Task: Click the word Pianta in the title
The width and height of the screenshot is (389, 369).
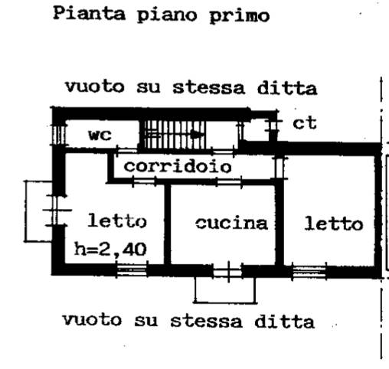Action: click(90, 14)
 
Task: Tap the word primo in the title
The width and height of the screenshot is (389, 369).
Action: click(240, 16)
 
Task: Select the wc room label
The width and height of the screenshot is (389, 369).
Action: click(100, 135)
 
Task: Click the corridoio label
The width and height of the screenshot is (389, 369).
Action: click(178, 166)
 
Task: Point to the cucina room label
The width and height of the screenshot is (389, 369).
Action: click(231, 224)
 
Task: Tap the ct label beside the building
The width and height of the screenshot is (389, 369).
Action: click(305, 123)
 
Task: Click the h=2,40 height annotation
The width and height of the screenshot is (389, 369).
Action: click(110, 250)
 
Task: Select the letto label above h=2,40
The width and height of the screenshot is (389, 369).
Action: click(117, 221)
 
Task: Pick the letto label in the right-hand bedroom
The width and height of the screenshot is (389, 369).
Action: click(334, 224)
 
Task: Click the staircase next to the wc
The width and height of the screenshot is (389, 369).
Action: click(174, 135)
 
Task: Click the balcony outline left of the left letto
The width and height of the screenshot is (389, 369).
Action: click(25, 211)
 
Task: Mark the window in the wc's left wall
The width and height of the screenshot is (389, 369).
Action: click(59, 135)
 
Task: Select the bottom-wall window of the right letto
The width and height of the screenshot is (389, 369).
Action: click(309, 272)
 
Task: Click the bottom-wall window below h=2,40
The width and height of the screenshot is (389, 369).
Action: click(132, 270)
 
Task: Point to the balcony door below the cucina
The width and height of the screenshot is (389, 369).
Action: click(228, 272)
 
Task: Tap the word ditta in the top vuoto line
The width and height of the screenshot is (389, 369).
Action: click(287, 88)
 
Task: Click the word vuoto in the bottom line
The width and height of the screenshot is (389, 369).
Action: click(92, 320)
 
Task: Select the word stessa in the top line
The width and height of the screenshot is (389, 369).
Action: click(209, 88)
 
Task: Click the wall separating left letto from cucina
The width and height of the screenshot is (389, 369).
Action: click(167, 224)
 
